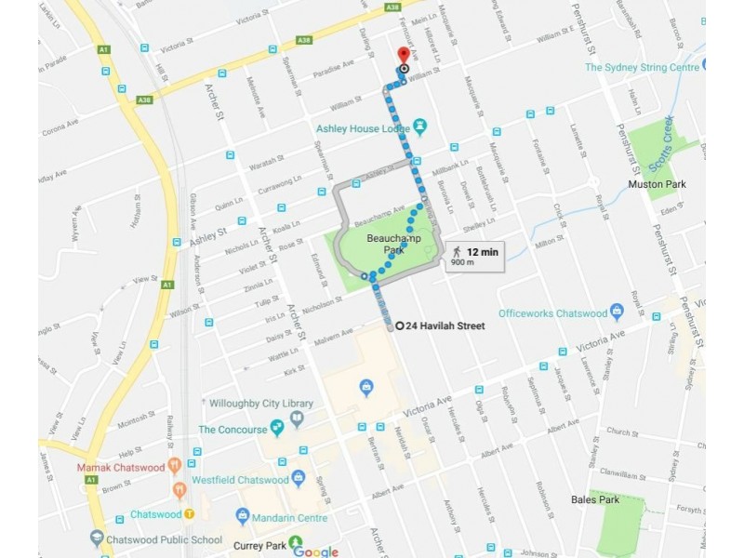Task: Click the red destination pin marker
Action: [403, 55]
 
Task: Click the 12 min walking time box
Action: [475, 256]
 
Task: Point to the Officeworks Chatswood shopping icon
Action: [616, 312]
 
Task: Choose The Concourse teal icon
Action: [276, 428]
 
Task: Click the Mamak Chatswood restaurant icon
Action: [174, 466]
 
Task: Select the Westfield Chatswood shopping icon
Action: [298, 478]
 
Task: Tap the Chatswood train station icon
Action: [189, 514]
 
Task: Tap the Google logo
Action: [315, 551]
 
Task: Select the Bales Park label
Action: [595, 500]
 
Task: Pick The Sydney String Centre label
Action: [642, 67]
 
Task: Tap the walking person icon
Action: [457, 252]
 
